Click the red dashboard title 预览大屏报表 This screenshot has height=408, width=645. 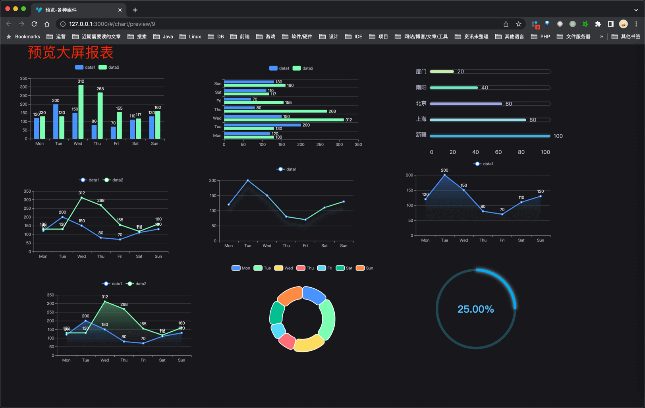pos(71,52)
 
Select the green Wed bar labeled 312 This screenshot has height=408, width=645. pos(81,112)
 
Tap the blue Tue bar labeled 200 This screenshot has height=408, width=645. pos(56,121)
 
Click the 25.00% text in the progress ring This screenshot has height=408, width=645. pos(475,309)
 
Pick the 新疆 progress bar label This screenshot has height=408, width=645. pos(421,135)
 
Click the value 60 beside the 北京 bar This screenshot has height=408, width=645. pos(508,104)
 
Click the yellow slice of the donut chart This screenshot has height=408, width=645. pos(309,343)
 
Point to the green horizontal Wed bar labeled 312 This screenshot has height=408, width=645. pos(284,120)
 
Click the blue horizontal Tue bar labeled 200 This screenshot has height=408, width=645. pos(262,125)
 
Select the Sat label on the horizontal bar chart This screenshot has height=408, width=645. pos(218,92)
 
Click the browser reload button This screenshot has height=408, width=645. pos(35,24)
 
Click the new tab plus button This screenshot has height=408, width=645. pos(135,10)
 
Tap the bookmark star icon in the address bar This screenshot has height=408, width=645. pos(518,24)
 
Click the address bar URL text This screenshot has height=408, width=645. pos(112,24)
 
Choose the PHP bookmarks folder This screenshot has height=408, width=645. pos(541,37)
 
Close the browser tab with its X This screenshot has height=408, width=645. pos(120,10)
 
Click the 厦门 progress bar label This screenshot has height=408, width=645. pos(421,72)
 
